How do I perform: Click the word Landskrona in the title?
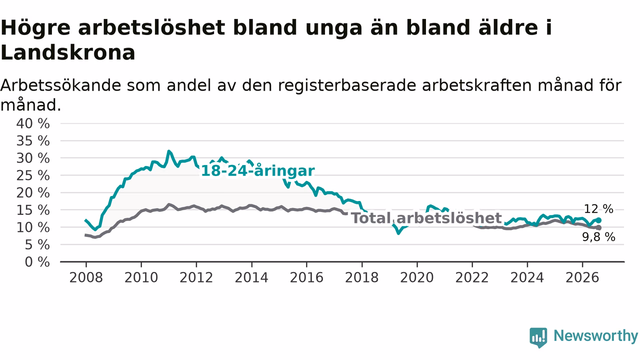(67, 53)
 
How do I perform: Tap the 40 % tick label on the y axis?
(33, 123)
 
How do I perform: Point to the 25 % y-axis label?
(33, 175)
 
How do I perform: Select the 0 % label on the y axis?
(37, 262)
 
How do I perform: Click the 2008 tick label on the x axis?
(86, 277)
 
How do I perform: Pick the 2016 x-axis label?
(306, 277)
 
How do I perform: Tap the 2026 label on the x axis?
(582, 277)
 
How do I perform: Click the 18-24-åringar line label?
(257, 171)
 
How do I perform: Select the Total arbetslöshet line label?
(426, 218)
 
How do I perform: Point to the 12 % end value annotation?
(598, 209)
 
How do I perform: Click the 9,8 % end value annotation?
(598, 237)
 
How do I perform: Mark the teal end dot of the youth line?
(599, 220)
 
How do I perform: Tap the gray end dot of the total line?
(599, 227)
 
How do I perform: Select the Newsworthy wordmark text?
(595, 336)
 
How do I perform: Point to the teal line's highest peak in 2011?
(169, 151)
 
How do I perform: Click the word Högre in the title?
(35, 28)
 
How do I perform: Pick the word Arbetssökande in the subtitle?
(60, 85)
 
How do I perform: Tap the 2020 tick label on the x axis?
(417, 277)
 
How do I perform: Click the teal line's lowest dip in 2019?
(399, 233)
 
